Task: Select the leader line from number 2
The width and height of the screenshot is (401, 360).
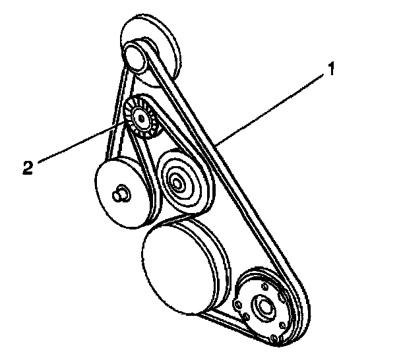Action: (x=79, y=142)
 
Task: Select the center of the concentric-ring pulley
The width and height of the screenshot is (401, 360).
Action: (x=177, y=180)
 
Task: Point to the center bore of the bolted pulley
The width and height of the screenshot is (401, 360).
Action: (x=264, y=307)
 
